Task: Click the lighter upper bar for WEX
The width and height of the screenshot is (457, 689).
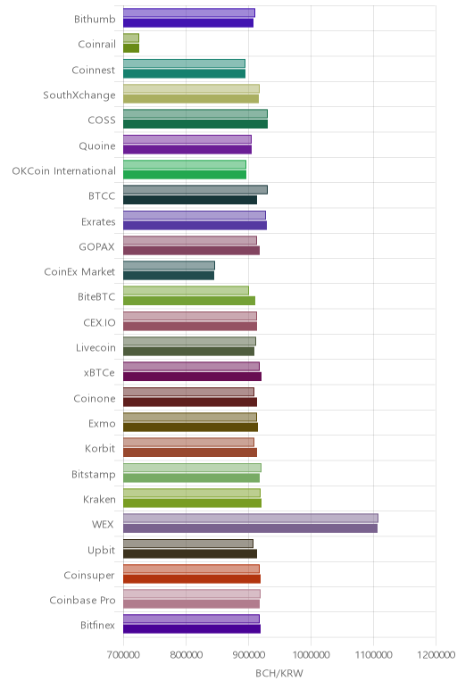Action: tap(251, 518)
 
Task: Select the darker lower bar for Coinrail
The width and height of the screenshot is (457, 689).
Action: tap(131, 48)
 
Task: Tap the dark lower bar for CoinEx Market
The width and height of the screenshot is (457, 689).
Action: tap(169, 276)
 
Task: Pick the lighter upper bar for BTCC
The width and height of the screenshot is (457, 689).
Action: tap(195, 190)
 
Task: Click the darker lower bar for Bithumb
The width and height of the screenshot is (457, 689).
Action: tap(188, 23)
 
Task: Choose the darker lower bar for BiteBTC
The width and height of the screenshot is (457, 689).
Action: tap(189, 301)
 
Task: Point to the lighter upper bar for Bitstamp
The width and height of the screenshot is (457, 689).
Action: tap(192, 468)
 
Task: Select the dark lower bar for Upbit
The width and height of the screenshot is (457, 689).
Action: tap(190, 553)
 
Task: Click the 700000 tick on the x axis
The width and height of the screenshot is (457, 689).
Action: tap(123, 655)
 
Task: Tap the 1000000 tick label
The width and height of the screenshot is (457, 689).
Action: tap(312, 655)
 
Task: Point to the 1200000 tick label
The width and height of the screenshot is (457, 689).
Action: tap(436, 655)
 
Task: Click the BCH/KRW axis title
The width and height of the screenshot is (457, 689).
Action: tap(279, 673)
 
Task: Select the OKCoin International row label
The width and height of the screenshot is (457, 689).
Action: tap(63, 171)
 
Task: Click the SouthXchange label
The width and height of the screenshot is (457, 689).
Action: tap(79, 95)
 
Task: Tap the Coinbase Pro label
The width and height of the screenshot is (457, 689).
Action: tap(82, 601)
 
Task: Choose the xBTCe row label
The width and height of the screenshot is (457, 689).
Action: tap(99, 373)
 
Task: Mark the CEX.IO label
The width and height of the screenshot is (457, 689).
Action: tap(99, 322)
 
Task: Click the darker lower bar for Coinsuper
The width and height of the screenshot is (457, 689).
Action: tap(192, 579)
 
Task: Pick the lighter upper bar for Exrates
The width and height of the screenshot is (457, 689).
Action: tap(195, 215)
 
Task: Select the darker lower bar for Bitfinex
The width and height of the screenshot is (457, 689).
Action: tap(192, 629)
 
